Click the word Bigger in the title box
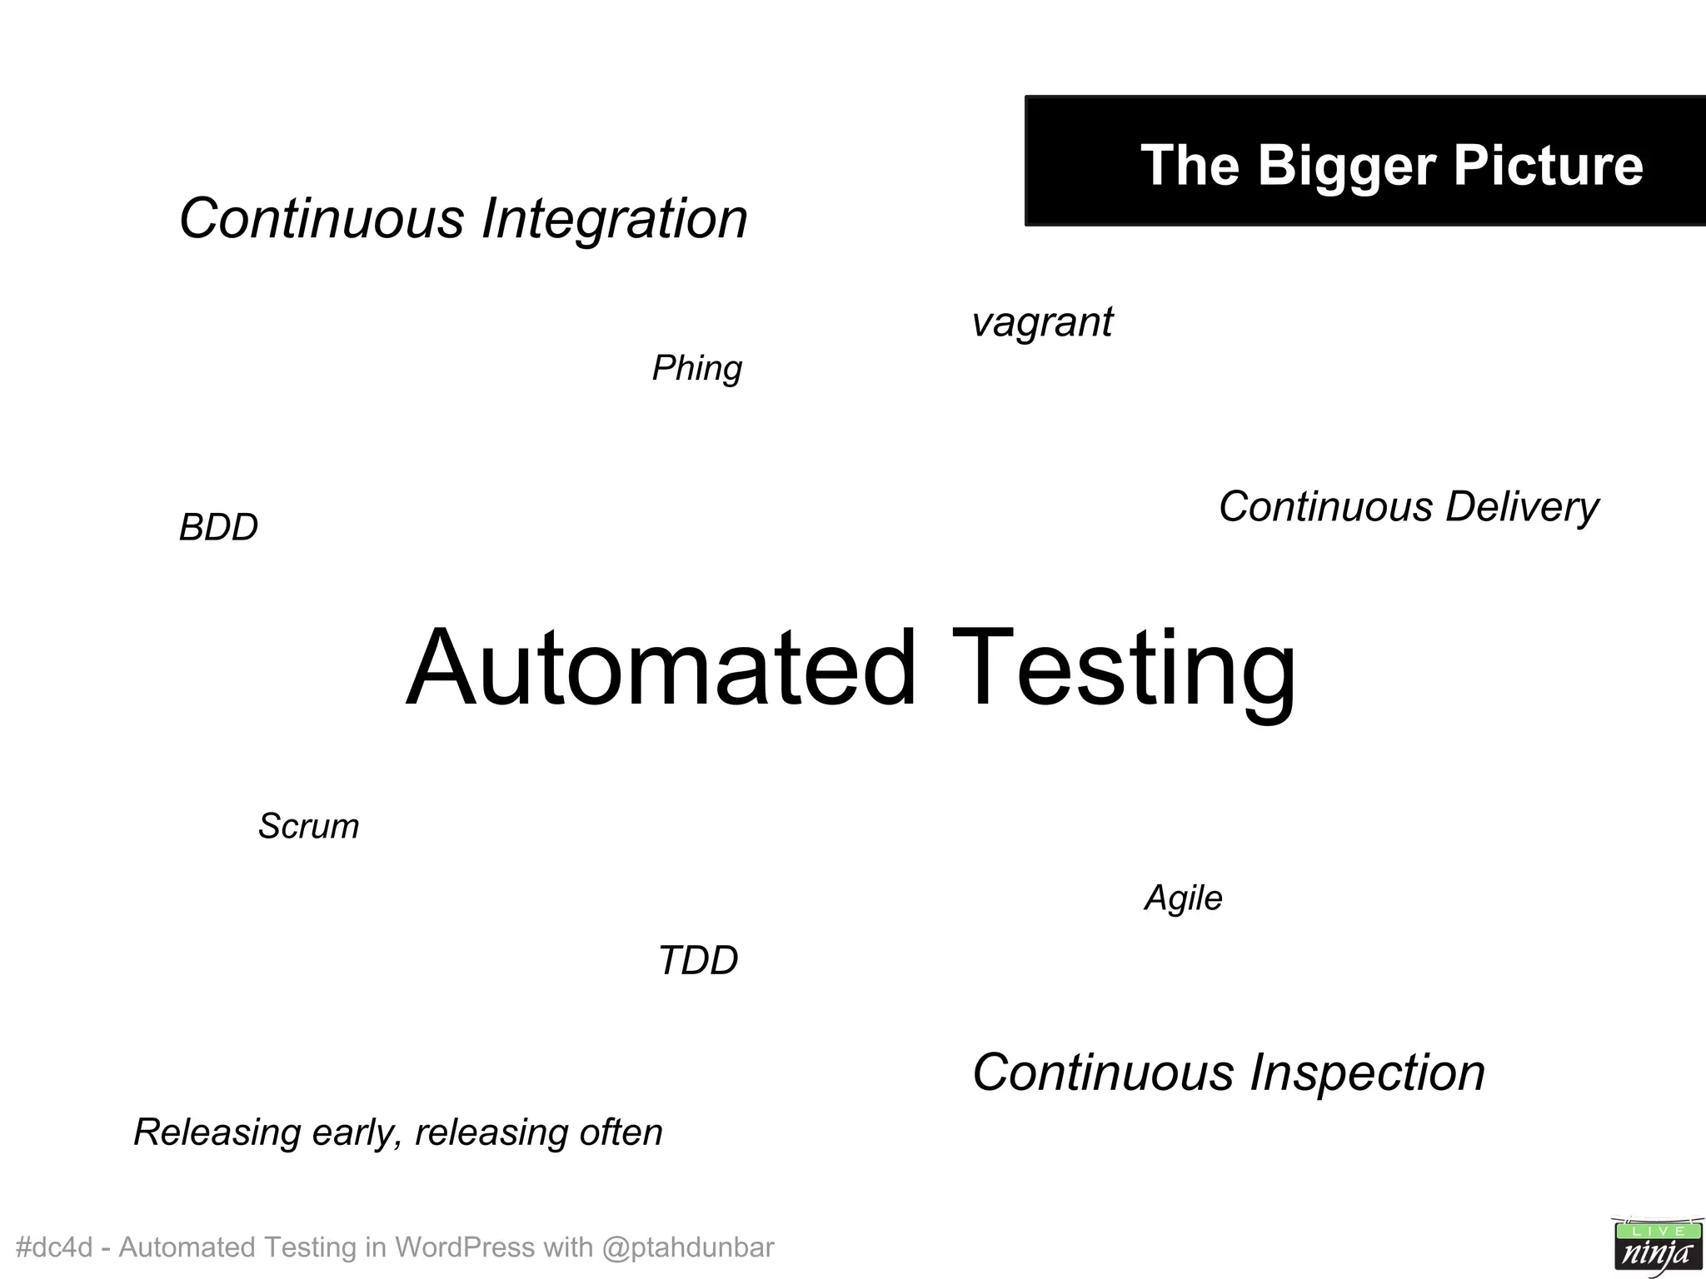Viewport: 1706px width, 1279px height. [x=1347, y=166]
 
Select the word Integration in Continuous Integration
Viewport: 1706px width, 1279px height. [x=614, y=219]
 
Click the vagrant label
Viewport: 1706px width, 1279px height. [x=1041, y=322]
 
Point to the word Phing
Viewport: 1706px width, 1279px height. [x=696, y=368]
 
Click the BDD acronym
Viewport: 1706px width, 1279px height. [x=218, y=527]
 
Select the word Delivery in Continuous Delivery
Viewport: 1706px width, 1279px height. [x=1521, y=507]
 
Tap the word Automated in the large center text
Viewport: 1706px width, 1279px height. [x=661, y=668]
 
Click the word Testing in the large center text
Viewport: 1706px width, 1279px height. [x=1123, y=668]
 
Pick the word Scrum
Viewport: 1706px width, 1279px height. [x=308, y=826]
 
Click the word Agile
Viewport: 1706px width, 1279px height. [x=1183, y=898]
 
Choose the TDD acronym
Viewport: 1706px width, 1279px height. [x=697, y=960]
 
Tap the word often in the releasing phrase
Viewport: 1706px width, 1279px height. [x=621, y=1132]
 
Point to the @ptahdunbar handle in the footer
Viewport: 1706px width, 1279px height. [x=687, y=1247]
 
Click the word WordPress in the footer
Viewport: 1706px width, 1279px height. [x=464, y=1247]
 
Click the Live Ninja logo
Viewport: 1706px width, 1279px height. [x=1656, y=1246]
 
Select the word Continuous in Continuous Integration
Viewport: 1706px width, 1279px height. [x=322, y=219]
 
